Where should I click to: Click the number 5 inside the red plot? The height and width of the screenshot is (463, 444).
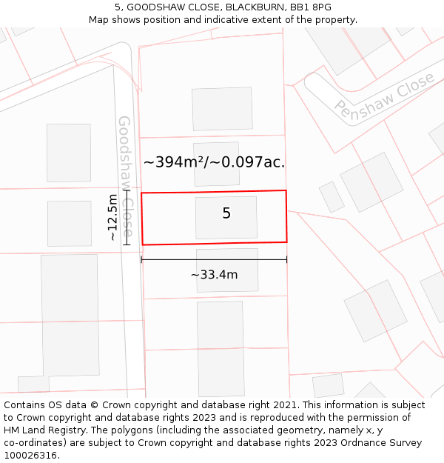click(226, 213)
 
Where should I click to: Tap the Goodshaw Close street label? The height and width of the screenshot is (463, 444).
click(125, 176)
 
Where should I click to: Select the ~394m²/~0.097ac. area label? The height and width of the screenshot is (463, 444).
click(214, 162)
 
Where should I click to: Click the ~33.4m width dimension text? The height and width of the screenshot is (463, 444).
click(214, 275)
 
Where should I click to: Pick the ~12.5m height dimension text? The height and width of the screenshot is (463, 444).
click(112, 218)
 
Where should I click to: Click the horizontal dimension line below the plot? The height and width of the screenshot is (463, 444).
click(214, 259)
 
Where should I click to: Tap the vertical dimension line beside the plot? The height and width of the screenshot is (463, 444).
click(127, 218)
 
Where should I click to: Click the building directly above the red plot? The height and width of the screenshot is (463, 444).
click(216, 164)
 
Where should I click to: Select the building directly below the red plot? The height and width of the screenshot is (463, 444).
click(227, 270)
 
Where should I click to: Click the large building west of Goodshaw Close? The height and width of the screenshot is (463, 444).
click(70, 316)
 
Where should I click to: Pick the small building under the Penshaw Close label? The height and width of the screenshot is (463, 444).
click(332, 197)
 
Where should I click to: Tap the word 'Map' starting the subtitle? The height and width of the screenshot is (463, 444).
click(99, 20)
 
